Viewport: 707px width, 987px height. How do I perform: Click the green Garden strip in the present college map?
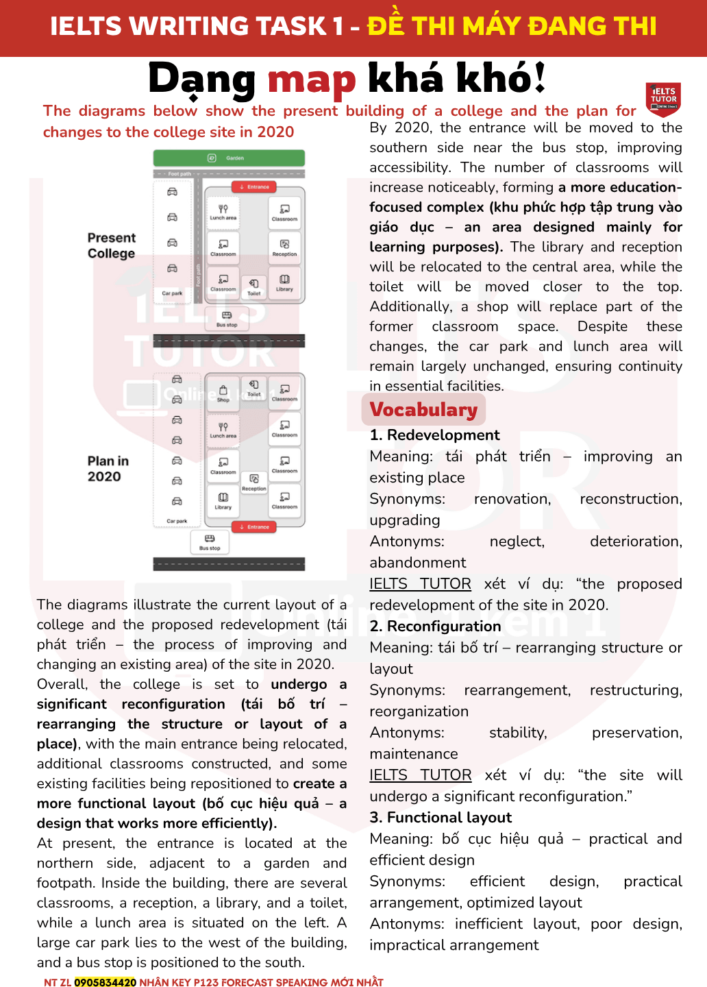(229, 158)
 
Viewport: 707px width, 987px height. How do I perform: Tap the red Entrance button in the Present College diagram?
(254, 187)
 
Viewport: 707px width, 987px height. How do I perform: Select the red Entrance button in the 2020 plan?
(254, 527)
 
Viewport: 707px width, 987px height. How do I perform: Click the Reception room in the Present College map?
(284, 247)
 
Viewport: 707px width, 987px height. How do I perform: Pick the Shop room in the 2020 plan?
(223, 393)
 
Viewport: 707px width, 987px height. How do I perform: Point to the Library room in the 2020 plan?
(223, 501)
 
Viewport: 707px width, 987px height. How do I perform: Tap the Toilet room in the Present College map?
(254, 287)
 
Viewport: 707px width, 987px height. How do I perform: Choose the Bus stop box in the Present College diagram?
(227, 319)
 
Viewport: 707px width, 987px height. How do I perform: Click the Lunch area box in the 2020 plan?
(223, 430)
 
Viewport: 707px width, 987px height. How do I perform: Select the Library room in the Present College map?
(284, 282)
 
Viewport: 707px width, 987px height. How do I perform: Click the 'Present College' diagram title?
(112, 245)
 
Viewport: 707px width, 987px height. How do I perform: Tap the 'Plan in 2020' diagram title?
(108, 469)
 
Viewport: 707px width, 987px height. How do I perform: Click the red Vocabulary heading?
(423, 410)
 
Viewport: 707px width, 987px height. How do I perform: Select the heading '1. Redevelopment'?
(434, 435)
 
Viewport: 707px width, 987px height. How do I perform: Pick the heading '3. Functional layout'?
(441, 818)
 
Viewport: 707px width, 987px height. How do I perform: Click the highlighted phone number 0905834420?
(105, 982)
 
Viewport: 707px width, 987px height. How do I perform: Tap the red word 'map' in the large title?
(312, 79)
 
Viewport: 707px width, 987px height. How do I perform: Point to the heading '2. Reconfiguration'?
(435, 626)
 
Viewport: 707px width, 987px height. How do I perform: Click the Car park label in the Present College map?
(172, 293)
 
